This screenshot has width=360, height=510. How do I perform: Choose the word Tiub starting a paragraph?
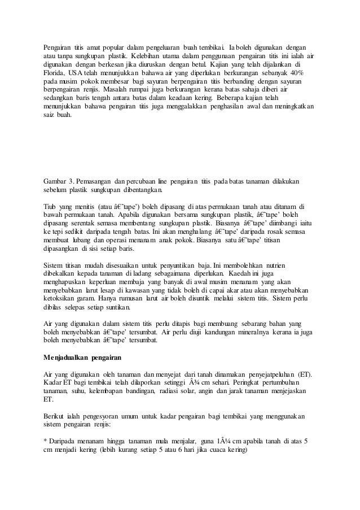coord(52,206)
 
